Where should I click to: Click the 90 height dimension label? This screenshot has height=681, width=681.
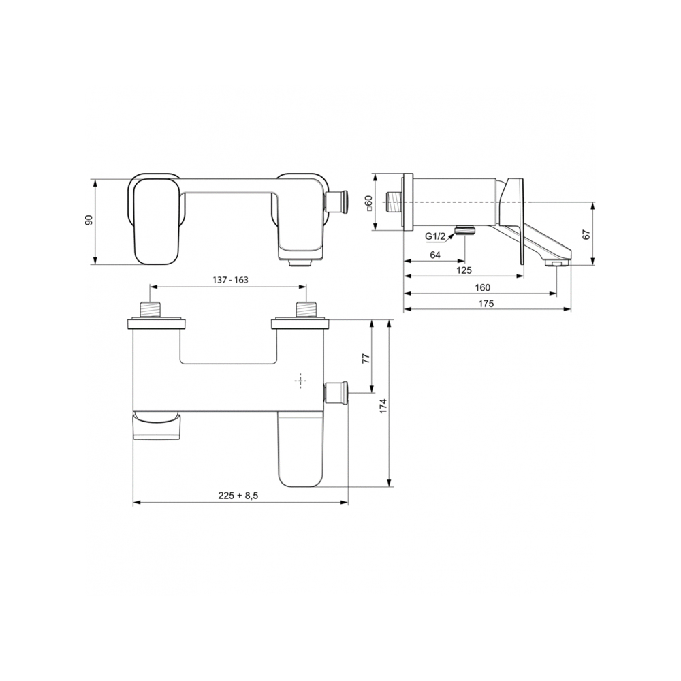[89, 220]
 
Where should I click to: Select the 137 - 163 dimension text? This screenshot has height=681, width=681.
[230, 280]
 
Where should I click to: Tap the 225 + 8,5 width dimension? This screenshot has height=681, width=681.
[238, 496]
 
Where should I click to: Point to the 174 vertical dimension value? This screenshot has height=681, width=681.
[383, 406]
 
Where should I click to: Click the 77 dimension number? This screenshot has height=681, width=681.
[366, 358]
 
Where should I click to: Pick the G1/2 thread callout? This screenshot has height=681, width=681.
[435, 236]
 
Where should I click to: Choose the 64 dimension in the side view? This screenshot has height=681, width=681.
[435, 255]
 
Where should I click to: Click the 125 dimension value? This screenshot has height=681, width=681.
[464, 270]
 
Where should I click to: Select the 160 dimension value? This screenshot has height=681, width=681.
[483, 287]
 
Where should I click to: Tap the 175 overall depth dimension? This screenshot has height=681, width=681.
[486, 304]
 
